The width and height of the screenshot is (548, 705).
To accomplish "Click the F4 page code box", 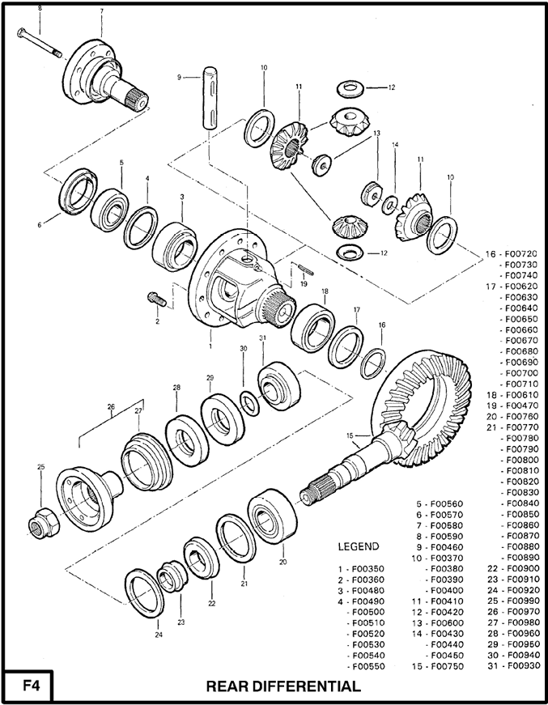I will pos(28,686).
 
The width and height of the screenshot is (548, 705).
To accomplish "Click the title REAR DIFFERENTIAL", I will pos(283,686).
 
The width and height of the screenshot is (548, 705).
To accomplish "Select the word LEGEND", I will pos(358,546).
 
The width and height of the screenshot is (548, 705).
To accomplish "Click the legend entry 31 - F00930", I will pos(512,665).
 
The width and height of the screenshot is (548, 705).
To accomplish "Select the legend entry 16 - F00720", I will pos(512,253).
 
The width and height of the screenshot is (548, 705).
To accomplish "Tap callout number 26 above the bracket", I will pos(110,408).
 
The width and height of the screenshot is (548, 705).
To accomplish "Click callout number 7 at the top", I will pos(101,11).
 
